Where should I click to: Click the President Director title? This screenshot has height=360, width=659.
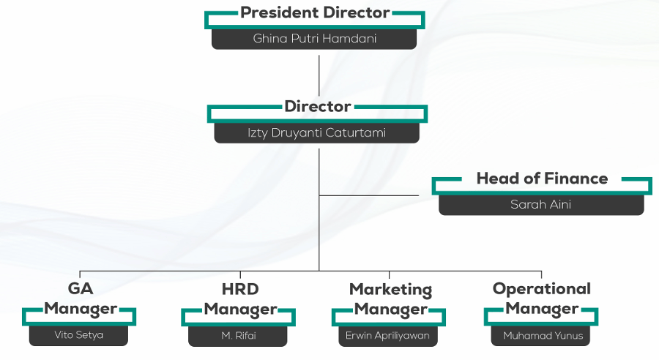click(315, 13)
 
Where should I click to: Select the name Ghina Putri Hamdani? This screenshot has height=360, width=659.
click(314, 39)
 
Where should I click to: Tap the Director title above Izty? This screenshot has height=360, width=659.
click(318, 107)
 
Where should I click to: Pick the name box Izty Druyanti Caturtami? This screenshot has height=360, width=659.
click(316, 133)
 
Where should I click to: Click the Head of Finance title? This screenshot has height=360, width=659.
click(542, 179)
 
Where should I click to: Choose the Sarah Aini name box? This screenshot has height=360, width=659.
click(541, 205)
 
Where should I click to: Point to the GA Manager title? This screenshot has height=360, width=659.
click(80, 299)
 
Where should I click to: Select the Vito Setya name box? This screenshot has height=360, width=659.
click(79, 336)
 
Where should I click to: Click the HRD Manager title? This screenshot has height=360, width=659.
click(240, 299)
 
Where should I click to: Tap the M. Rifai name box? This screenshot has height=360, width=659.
click(239, 336)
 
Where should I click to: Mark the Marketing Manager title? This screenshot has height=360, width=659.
click(390, 299)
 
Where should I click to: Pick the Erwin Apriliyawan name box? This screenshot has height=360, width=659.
click(389, 336)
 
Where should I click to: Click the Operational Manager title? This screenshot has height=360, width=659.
click(542, 299)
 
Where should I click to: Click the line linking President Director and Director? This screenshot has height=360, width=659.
click(319, 73)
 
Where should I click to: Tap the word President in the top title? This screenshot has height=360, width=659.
click(277, 13)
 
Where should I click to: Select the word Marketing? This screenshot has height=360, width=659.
click(390, 290)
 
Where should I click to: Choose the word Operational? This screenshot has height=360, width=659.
click(542, 289)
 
